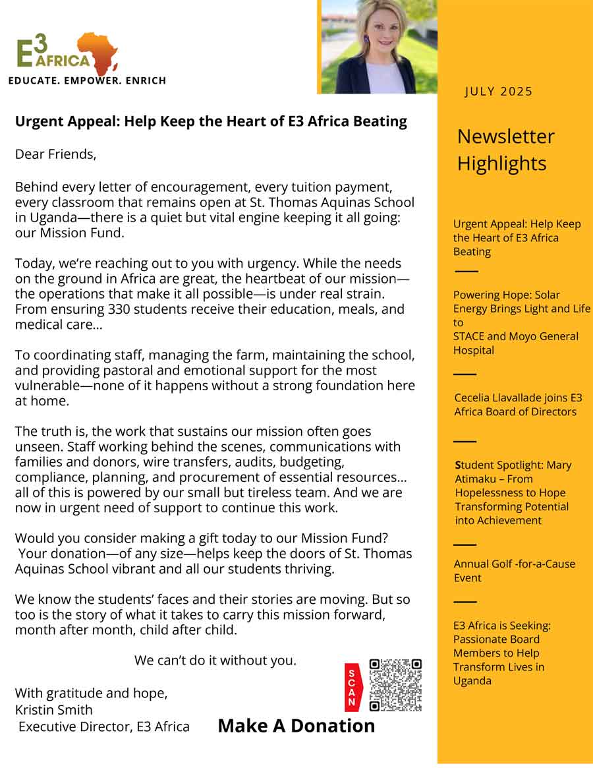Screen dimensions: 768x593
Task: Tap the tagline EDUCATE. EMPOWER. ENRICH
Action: point(87,81)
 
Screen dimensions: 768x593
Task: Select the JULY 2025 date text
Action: point(498,92)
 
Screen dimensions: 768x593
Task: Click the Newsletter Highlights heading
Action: point(505,150)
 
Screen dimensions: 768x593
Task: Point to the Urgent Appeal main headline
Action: point(211,122)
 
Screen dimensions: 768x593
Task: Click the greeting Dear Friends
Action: point(55,155)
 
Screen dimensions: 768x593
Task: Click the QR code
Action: point(395,685)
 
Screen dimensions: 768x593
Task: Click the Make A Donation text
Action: point(296,726)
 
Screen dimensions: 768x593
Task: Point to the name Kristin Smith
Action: point(54,710)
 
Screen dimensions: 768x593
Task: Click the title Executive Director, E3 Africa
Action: point(103,727)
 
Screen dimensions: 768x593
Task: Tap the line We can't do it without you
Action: point(215,660)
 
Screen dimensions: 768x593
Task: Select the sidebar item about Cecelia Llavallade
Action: point(518,405)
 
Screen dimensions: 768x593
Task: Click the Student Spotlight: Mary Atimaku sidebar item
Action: point(513,492)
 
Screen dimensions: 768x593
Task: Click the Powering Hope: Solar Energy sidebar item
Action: point(521,322)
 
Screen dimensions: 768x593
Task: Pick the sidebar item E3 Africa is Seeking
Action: point(501,653)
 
